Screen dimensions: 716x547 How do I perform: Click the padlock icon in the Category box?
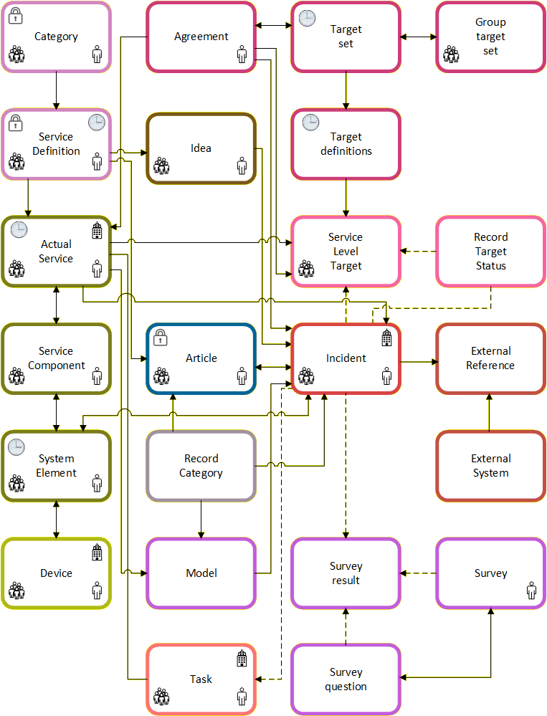[15, 16]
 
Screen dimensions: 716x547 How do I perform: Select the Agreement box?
[201, 37]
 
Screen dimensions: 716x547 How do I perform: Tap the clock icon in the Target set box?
[305, 16]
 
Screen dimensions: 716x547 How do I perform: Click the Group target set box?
[490, 37]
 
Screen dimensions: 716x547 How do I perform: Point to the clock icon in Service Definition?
[96, 123]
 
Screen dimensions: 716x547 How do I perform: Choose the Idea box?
[201, 148]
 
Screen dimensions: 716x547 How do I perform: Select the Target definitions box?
[346, 144]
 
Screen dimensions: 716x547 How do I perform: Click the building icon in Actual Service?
[97, 231]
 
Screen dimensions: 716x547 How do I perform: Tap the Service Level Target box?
[346, 251]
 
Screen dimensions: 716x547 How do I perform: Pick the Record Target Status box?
[490, 251]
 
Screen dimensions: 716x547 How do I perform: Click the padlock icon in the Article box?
[161, 338]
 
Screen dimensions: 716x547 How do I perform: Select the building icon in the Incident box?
[386, 338]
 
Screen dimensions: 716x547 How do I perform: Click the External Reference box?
[490, 358]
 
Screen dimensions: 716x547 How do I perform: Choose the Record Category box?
[201, 466]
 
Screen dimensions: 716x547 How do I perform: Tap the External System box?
[490, 466]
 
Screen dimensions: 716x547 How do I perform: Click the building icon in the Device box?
[97, 553]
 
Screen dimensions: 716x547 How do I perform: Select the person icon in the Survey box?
[531, 591]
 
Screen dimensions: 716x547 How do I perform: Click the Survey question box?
[346, 679]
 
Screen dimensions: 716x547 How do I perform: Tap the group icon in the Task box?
[161, 697]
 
